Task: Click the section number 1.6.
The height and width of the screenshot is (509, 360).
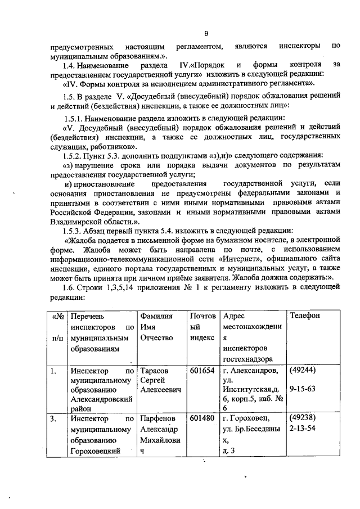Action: pyautogui.click(x=71, y=287)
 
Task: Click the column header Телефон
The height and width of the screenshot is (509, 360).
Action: pyautogui.click(x=304, y=316)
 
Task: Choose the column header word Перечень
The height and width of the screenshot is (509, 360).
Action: pyautogui.click(x=88, y=316)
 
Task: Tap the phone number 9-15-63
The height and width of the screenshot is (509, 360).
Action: pyautogui.click(x=301, y=388)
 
